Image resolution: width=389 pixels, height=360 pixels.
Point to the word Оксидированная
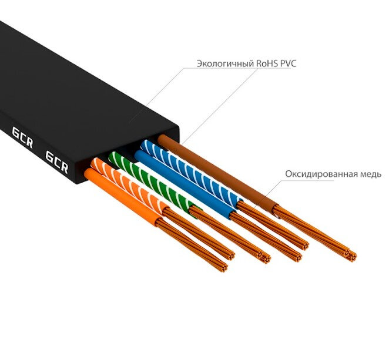(321, 174)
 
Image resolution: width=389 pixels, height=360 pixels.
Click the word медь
(370, 174)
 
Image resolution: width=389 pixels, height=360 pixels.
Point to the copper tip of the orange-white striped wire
(264, 257)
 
